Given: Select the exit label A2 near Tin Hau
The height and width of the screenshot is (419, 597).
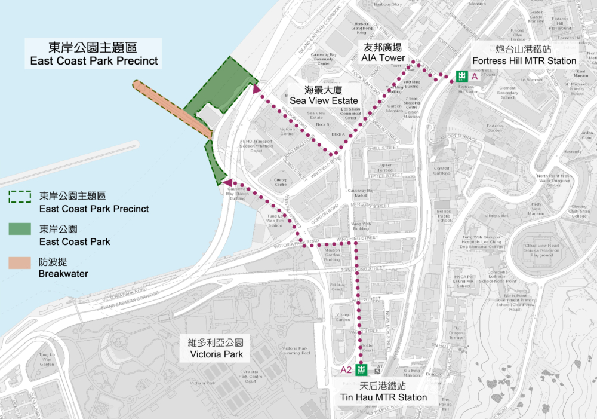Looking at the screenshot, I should click(346, 370).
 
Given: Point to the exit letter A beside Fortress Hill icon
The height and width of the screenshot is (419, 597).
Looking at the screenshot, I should click(475, 77).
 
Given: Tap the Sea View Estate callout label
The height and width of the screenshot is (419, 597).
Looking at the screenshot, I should click(323, 96).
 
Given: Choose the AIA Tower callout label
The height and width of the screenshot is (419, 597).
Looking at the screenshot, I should click(383, 53).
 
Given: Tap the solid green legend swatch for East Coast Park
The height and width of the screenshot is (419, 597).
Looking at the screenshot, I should click(19, 230).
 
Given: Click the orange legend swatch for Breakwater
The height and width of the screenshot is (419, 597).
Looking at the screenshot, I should click(19, 262).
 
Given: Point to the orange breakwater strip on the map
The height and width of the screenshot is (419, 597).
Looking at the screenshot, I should click(170, 106).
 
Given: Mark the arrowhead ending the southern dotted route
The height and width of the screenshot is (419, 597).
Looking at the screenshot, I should click(227, 182).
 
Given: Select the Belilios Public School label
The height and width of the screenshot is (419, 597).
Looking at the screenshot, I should click(444, 215).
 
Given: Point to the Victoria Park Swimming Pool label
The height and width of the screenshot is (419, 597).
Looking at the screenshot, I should click(297, 350).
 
